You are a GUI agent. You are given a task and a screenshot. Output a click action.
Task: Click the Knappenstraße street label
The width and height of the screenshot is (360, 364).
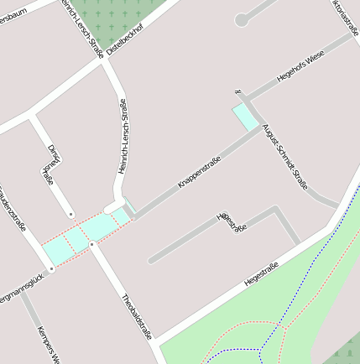[200, 172]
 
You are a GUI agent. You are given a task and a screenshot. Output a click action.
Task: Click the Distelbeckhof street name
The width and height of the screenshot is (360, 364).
[126, 38]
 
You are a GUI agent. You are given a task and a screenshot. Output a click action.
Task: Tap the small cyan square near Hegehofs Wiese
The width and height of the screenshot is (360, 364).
[246, 117]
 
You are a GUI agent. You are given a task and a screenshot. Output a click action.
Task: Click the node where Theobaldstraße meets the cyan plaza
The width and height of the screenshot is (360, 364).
[91, 243]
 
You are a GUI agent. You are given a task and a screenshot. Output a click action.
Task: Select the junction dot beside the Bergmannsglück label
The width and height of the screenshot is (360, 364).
[51, 268]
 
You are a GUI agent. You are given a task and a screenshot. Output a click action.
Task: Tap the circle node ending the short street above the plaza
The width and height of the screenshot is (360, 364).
[71, 215]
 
